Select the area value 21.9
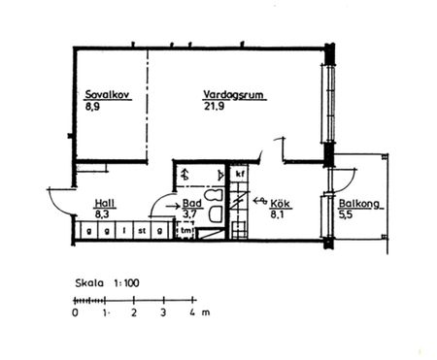click(213, 106)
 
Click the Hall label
click(104, 203)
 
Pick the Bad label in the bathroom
click(191, 203)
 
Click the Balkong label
click(359, 205)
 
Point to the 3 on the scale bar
click(163, 314)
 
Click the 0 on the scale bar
click(75, 314)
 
